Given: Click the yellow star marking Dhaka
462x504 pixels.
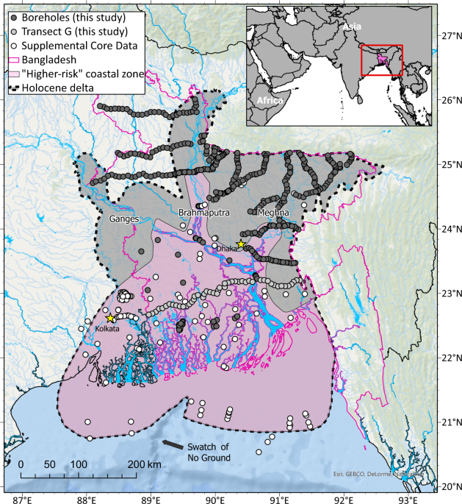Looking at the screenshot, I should [239, 244].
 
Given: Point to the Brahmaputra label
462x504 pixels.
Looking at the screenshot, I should [204, 213].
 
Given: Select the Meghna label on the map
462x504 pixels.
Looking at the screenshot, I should [273, 213].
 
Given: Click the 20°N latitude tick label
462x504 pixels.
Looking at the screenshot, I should [447, 486].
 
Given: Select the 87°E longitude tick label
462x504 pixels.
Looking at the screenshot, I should [22, 497].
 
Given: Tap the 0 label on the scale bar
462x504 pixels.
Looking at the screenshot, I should [21, 464].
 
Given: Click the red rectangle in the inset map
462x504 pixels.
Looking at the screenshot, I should [382, 60].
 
